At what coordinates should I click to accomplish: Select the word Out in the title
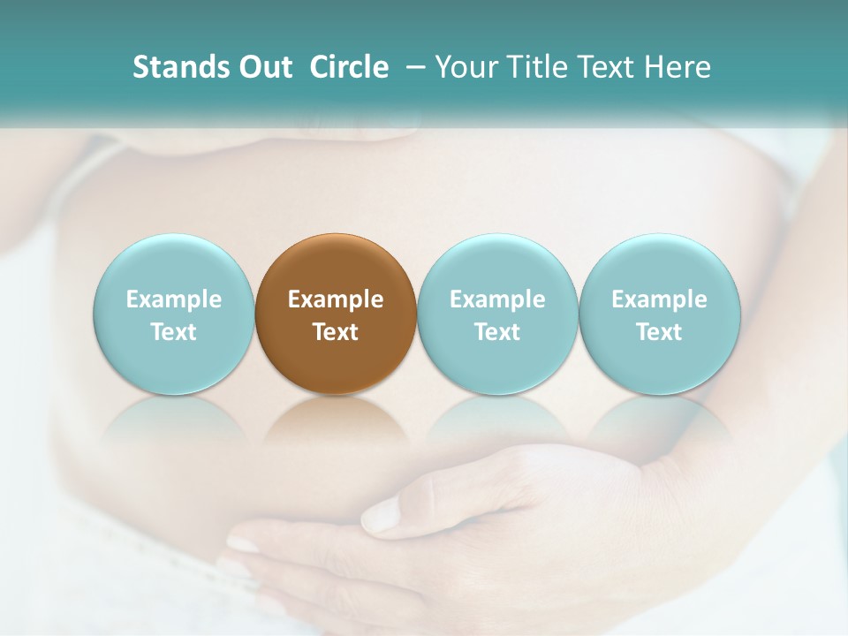266,67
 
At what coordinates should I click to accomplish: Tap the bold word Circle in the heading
349,67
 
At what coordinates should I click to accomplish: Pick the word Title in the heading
532,67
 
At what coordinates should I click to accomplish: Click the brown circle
336,314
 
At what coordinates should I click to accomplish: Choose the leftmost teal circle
173,314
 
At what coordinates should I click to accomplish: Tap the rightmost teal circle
660,314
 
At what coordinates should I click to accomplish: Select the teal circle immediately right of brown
497,314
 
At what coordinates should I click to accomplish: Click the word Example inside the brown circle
336,299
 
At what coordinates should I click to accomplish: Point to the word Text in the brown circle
336,332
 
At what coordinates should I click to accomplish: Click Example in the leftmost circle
173,299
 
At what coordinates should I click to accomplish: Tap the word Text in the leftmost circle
173,332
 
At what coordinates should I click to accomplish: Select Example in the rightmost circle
660,299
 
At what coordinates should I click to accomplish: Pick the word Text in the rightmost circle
660,332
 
